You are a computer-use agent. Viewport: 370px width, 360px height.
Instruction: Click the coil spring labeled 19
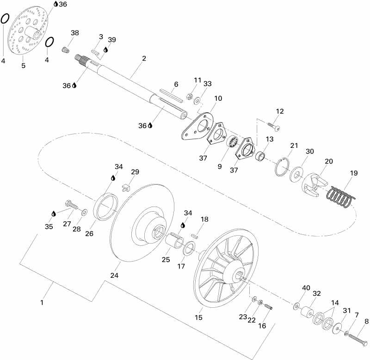click(341, 196)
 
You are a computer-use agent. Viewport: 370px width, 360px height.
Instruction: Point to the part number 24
click(114, 275)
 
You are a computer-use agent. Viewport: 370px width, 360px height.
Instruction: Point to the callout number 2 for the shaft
click(144, 59)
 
